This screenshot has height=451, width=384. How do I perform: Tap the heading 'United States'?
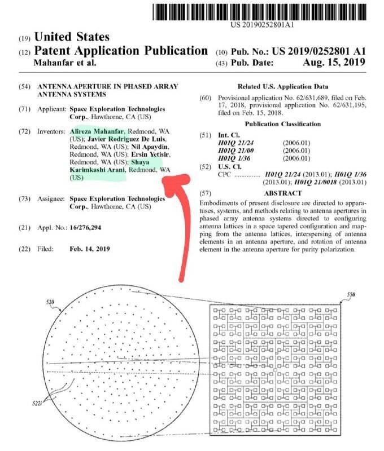72,37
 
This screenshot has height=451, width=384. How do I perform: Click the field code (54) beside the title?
24,86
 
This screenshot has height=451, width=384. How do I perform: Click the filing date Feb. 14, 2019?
89,249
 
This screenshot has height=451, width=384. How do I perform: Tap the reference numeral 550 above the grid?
351,295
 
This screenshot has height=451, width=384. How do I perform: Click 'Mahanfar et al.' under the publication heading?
66,63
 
